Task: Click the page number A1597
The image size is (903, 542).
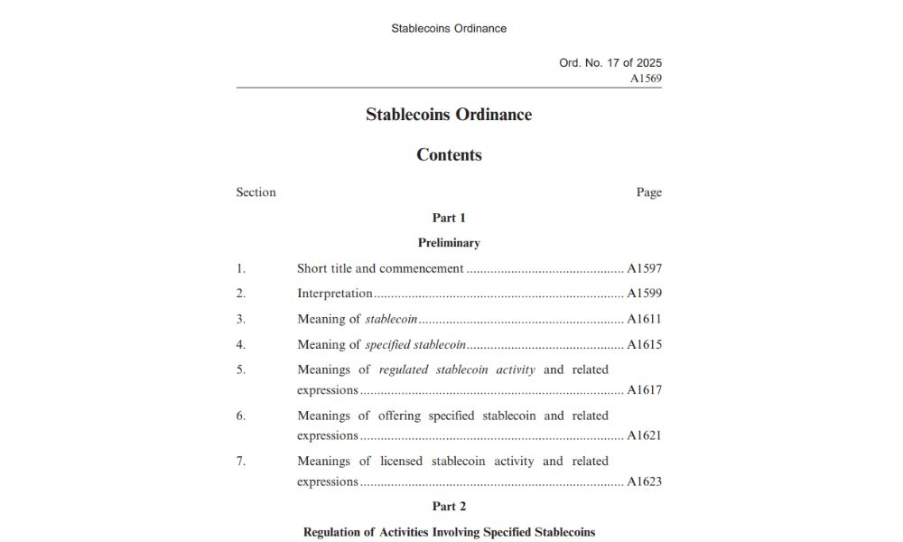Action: (644, 268)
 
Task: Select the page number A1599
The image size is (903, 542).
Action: (644, 294)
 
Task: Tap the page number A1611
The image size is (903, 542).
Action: (644, 319)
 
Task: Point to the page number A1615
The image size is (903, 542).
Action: (644, 344)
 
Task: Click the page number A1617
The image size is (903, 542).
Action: (644, 390)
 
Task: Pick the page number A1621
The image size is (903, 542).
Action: (644, 435)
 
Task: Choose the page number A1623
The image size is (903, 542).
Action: (644, 481)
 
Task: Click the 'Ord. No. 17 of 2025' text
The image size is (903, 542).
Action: (610, 63)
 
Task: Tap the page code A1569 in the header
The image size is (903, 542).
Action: (646, 79)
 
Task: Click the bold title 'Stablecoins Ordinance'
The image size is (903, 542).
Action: (449, 115)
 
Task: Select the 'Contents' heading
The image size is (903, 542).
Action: (449, 154)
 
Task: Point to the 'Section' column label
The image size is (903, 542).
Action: (256, 192)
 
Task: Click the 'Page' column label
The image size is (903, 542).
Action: (648, 192)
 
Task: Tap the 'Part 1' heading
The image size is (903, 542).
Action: (449, 218)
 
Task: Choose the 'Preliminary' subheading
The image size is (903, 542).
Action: (449, 243)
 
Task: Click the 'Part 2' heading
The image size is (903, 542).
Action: (449, 507)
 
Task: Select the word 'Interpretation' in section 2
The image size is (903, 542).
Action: (335, 294)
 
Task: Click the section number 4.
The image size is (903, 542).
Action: (240, 344)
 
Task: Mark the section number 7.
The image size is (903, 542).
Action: (240, 461)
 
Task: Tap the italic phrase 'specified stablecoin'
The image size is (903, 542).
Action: (415, 344)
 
